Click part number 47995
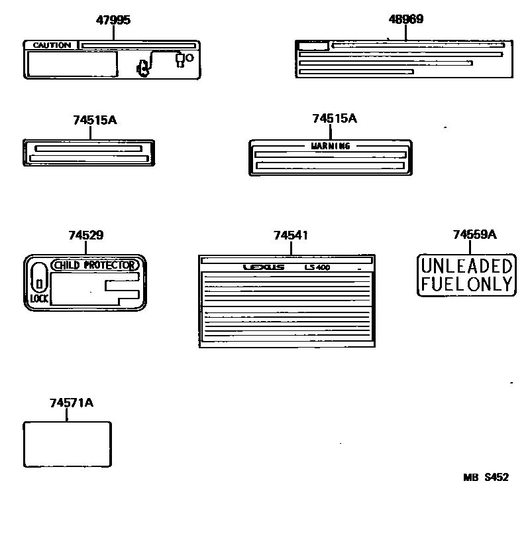coord(113,20)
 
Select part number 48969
coord(405,19)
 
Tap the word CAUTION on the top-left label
coord(51,46)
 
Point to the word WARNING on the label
coord(331,146)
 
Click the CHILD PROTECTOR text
coord(94,265)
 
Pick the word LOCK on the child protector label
coord(39,299)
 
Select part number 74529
coord(85,235)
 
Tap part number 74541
coord(290,235)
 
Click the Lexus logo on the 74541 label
coord(263,268)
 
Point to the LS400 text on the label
coord(317,268)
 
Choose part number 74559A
coord(474,234)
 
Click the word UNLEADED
coord(467,267)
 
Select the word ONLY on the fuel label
coord(491,284)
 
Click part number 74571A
coord(71,403)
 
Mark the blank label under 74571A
coord(67,444)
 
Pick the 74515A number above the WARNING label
coord(335,118)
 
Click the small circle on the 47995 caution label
coord(189,58)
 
